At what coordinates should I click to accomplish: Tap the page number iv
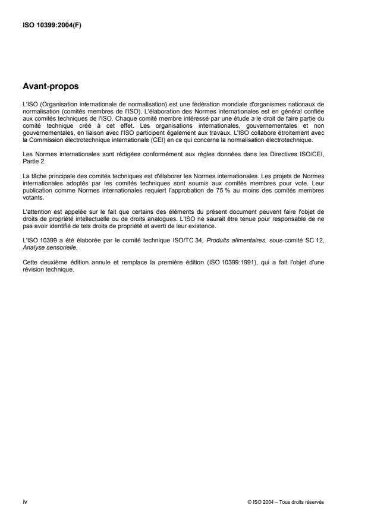[24, 502]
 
